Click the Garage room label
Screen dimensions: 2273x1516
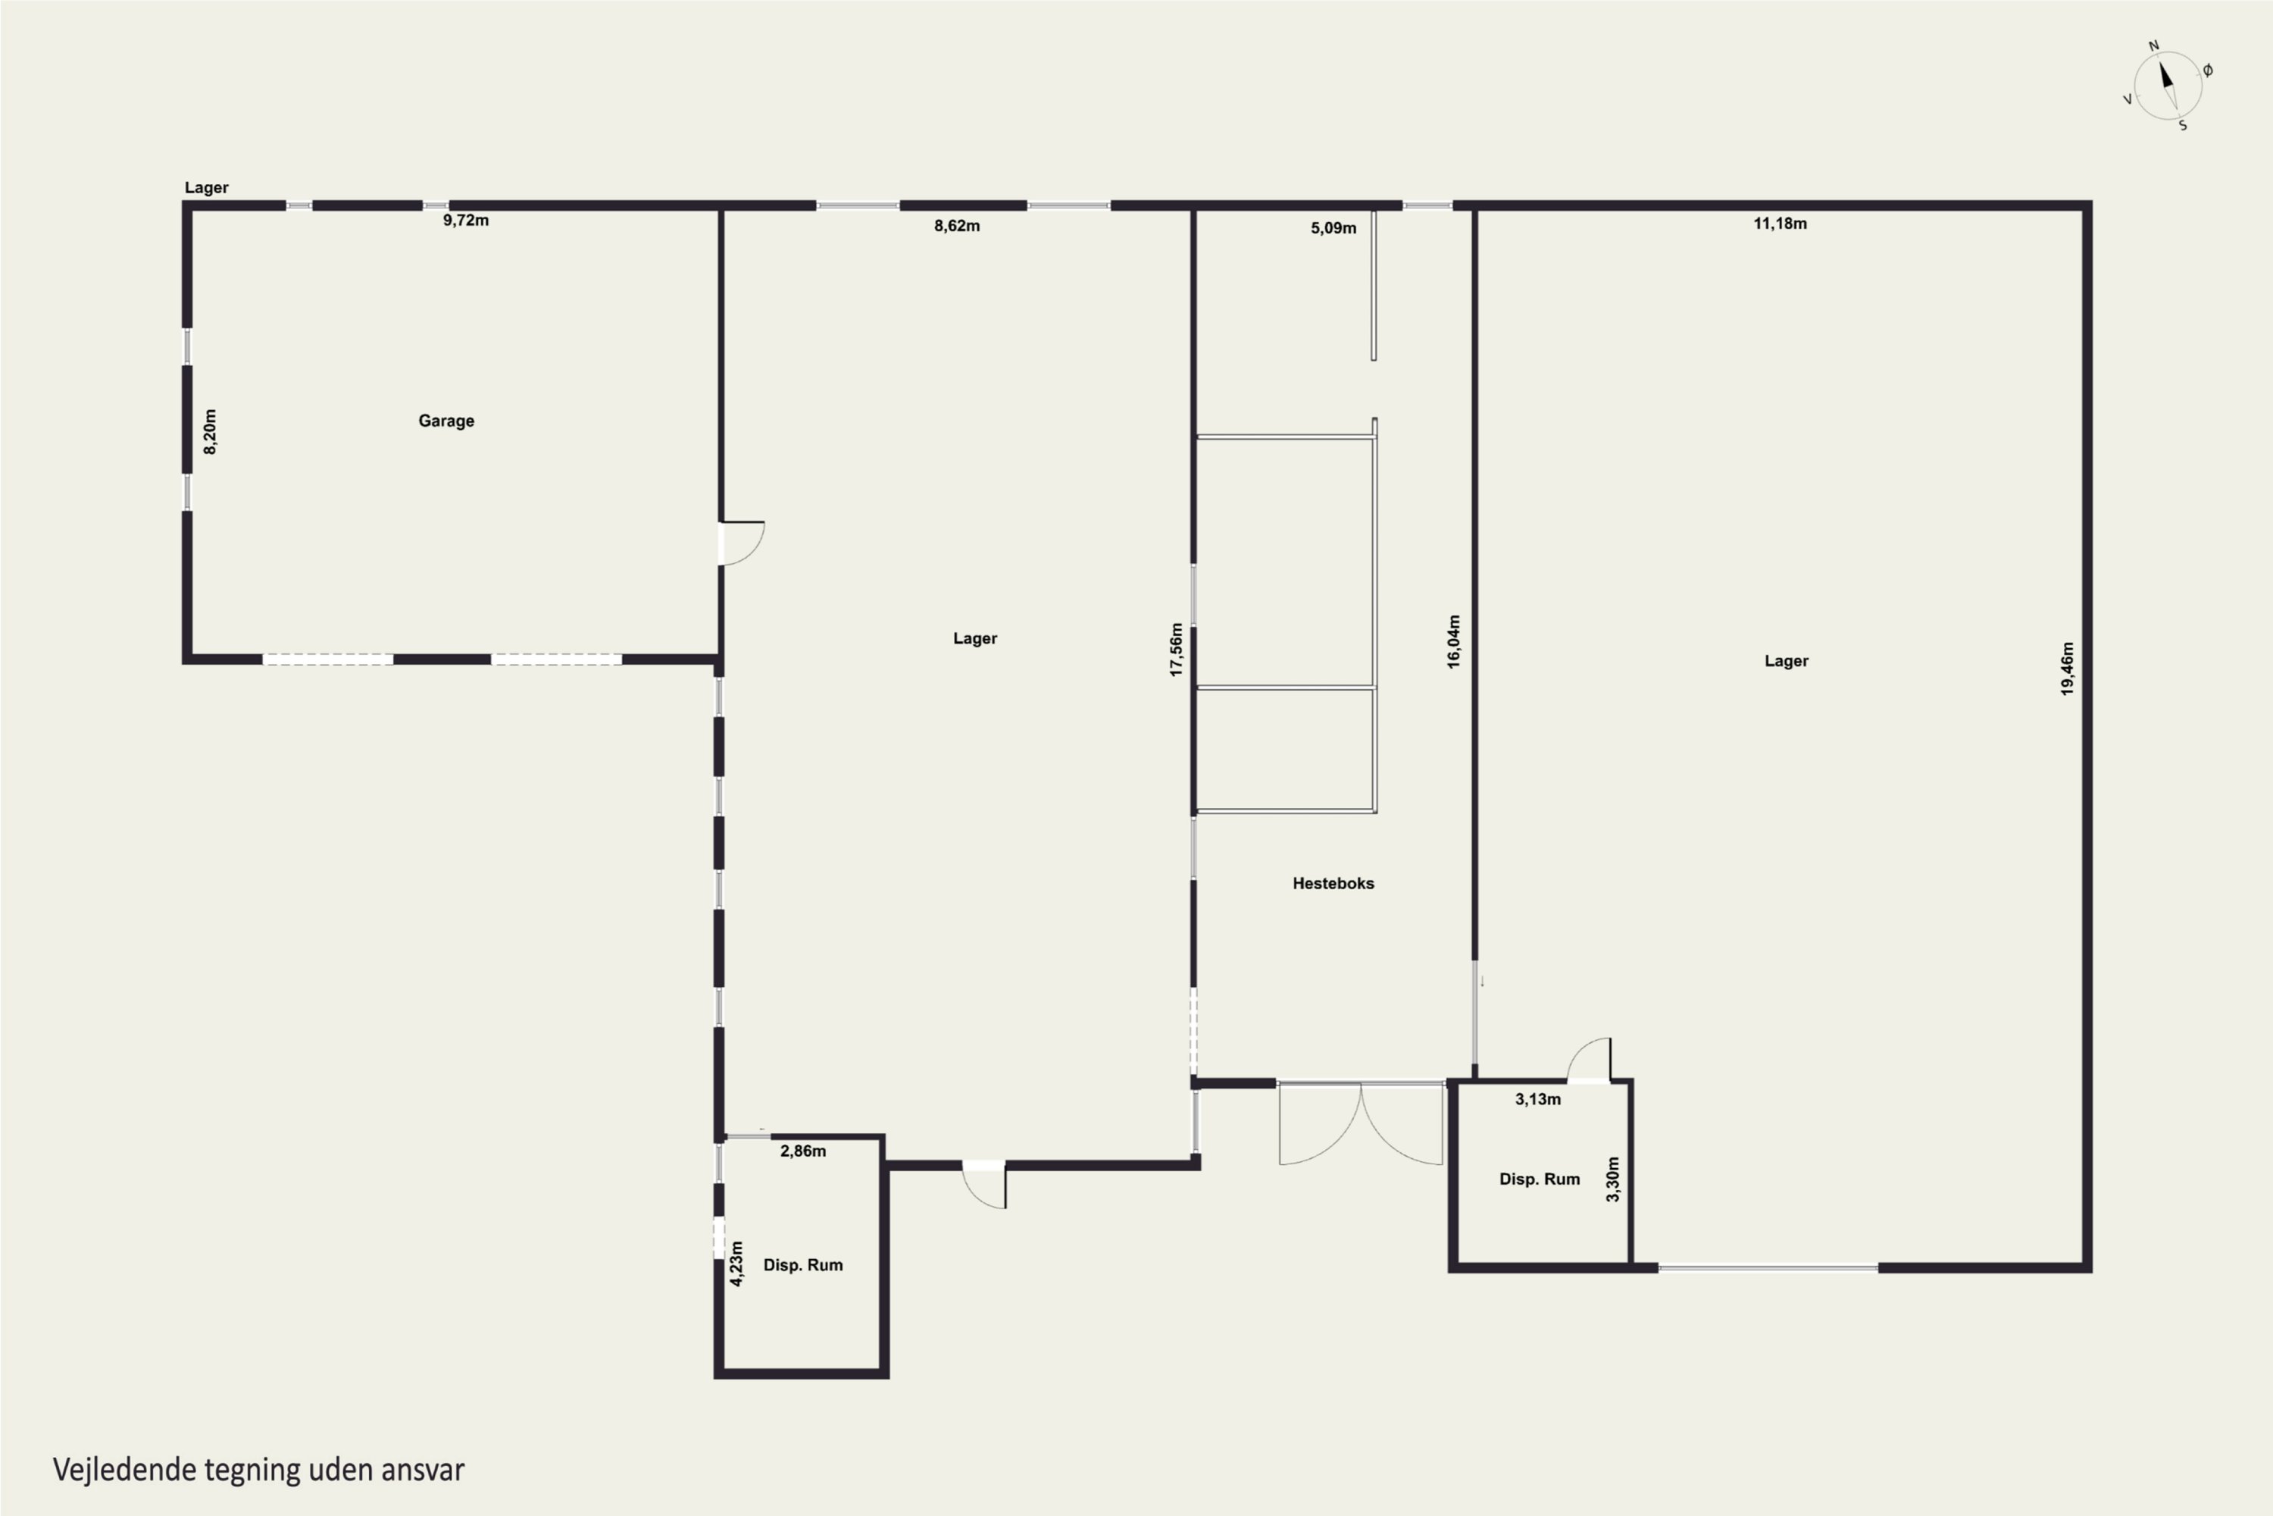[x=446, y=421]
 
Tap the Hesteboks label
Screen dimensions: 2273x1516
[x=1333, y=883]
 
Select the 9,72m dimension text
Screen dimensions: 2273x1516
[x=466, y=221]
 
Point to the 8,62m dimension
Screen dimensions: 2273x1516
[x=957, y=226]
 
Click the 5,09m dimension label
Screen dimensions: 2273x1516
[x=1333, y=228]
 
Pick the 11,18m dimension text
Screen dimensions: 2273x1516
[x=1780, y=224]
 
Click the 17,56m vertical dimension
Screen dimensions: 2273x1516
[x=1176, y=650]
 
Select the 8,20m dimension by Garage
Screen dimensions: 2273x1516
[x=210, y=431]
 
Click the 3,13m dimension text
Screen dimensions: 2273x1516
[x=1537, y=1099]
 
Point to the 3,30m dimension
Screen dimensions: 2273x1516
[x=1612, y=1179]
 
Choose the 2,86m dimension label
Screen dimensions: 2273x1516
[x=803, y=1151]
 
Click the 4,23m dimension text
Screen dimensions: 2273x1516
[x=736, y=1264]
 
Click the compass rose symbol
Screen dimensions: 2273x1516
[x=2168, y=87]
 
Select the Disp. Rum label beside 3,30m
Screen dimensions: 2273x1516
[x=1540, y=1179]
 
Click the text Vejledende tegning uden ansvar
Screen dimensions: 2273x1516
[x=259, y=1470]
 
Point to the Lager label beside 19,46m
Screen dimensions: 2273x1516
[x=1786, y=661]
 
